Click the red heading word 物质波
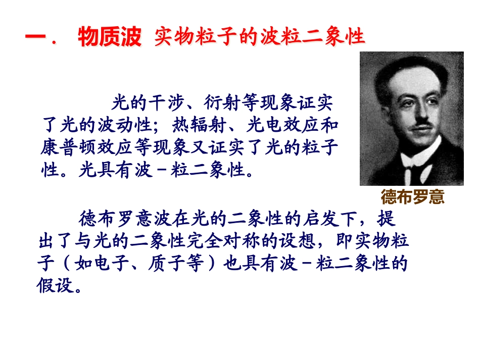pyautogui.click(x=110, y=37)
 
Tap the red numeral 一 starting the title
pyautogui.click(x=35, y=37)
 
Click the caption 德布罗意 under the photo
pyautogui.click(x=412, y=196)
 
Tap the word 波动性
pyautogui.click(x=124, y=126)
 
